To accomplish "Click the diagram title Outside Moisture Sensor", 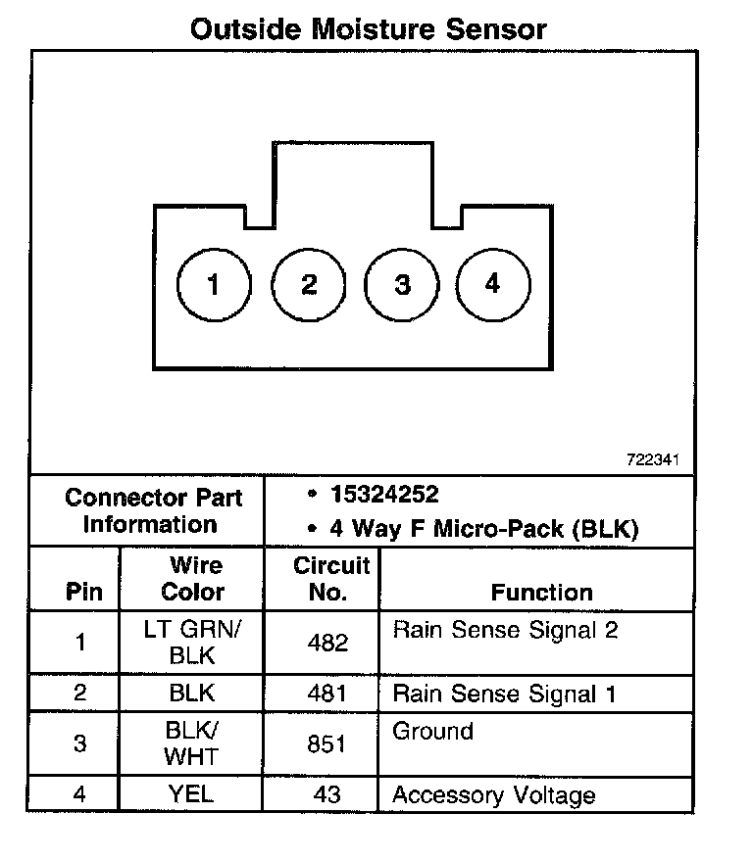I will coord(368,28).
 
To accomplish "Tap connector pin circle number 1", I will coord(213,285).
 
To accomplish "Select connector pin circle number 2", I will coord(309,285).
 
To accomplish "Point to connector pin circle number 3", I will coord(402,285).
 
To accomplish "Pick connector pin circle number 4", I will coord(493,284).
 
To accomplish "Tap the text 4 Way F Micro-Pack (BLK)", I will coord(483,530).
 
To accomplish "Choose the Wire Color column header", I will coord(192,579).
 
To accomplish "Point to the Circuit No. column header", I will coord(331,579).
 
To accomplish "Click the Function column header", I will coord(541,592).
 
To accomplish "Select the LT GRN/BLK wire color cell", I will coord(192,643).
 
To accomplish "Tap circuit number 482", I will coord(327,644).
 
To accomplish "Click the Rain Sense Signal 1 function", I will coord(504,694).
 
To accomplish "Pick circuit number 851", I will coord(327,744).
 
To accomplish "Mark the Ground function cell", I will coord(432,731).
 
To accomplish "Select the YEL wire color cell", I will coord(192,794).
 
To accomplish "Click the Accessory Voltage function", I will coord(493,794).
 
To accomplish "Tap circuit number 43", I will coord(327,794).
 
